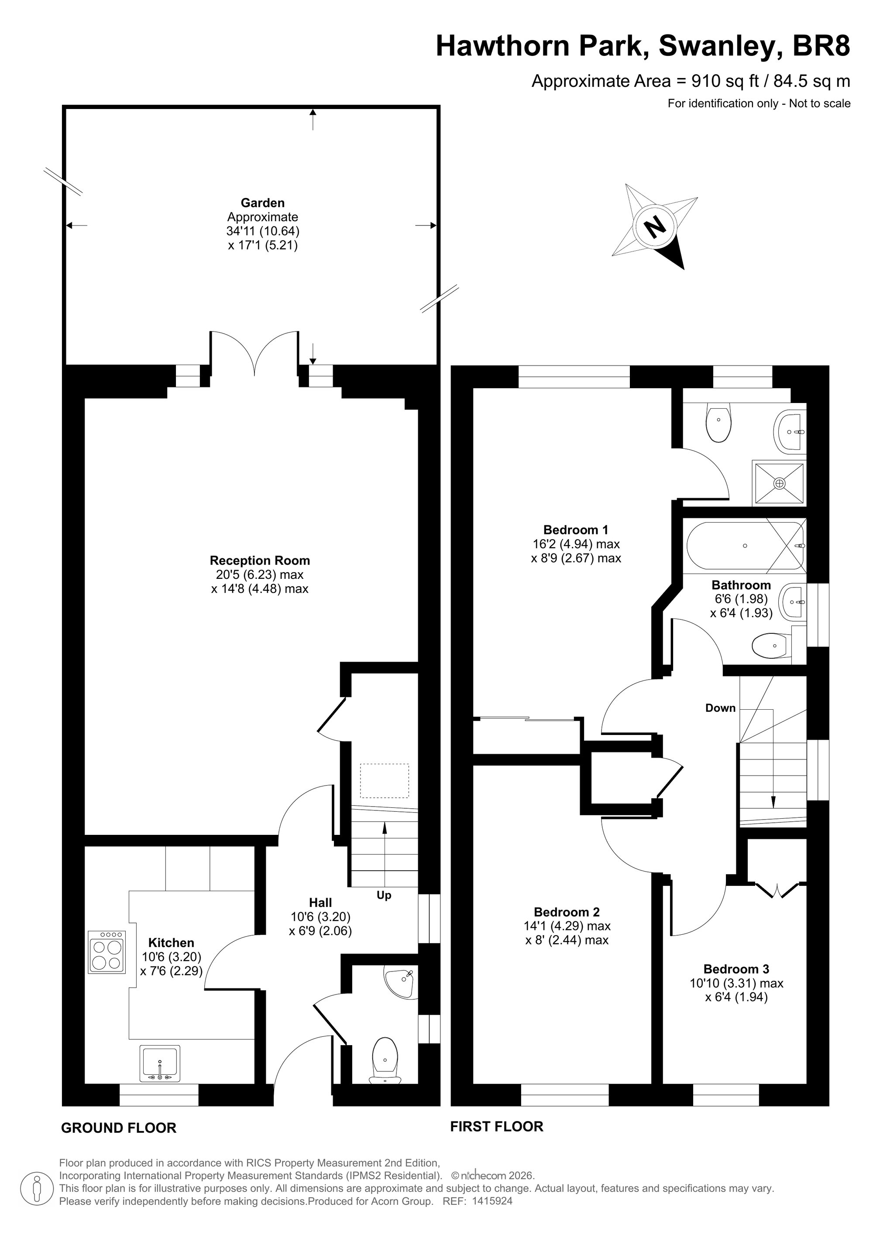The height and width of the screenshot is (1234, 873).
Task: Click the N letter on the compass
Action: click(655, 226)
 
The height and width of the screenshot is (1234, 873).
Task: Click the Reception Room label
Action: click(260, 561)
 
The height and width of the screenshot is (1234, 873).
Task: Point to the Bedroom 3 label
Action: click(736, 969)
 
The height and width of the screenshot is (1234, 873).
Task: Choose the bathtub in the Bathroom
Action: click(746, 546)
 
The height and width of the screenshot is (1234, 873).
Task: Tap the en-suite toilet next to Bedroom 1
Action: click(718, 423)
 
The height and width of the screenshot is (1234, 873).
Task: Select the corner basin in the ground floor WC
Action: click(401, 981)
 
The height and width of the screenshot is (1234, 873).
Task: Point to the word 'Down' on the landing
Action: click(720, 708)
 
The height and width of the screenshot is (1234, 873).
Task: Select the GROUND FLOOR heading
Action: click(119, 1128)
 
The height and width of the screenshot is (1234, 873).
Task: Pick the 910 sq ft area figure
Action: click(725, 81)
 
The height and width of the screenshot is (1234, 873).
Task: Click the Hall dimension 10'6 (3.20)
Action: click(320, 917)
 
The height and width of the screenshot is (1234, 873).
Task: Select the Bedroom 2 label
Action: click(567, 912)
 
